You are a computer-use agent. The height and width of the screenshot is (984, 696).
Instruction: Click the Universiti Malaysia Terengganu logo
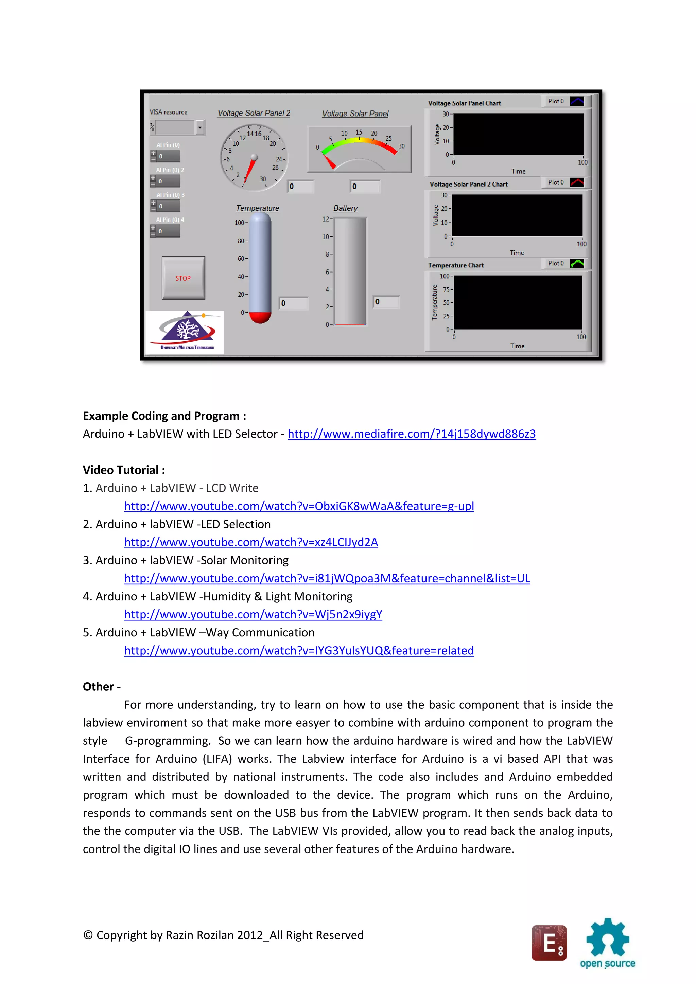tap(186, 332)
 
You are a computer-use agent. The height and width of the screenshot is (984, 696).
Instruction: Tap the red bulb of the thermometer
tap(260, 317)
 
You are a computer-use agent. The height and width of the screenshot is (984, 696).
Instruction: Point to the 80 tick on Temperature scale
tap(241, 241)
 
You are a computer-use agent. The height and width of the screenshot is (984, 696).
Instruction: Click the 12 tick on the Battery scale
tap(326, 219)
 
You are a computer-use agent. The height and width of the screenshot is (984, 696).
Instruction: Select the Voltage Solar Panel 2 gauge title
tap(254, 113)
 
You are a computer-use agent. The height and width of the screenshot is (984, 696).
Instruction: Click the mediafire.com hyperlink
tap(412, 434)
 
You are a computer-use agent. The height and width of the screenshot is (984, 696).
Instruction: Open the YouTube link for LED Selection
tap(251, 542)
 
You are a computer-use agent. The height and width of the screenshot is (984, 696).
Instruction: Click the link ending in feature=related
tap(299, 651)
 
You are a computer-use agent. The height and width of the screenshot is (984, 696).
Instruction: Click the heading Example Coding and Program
tap(164, 416)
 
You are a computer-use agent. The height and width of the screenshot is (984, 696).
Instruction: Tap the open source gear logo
tap(607, 938)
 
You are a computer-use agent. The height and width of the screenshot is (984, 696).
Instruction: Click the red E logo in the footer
tap(549, 943)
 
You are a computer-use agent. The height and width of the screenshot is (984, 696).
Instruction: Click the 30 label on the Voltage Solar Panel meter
tap(402, 146)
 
